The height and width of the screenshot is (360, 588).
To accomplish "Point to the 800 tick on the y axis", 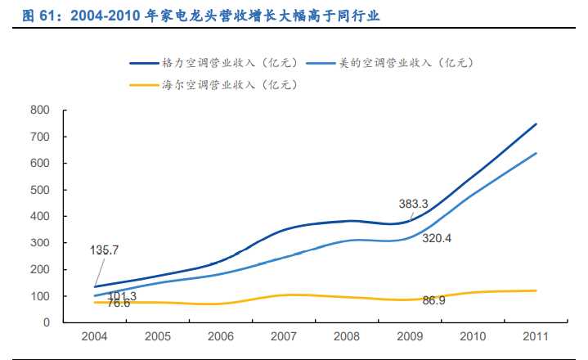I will [39, 110].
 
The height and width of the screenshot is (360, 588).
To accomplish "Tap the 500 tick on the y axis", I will [39, 190].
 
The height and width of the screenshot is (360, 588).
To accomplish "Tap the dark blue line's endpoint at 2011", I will [536, 124].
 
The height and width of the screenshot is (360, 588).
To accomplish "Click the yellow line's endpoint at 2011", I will [536, 290].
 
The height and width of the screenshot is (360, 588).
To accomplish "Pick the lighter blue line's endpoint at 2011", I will [536, 153].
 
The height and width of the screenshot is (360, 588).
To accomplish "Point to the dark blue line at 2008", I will [348, 221].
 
